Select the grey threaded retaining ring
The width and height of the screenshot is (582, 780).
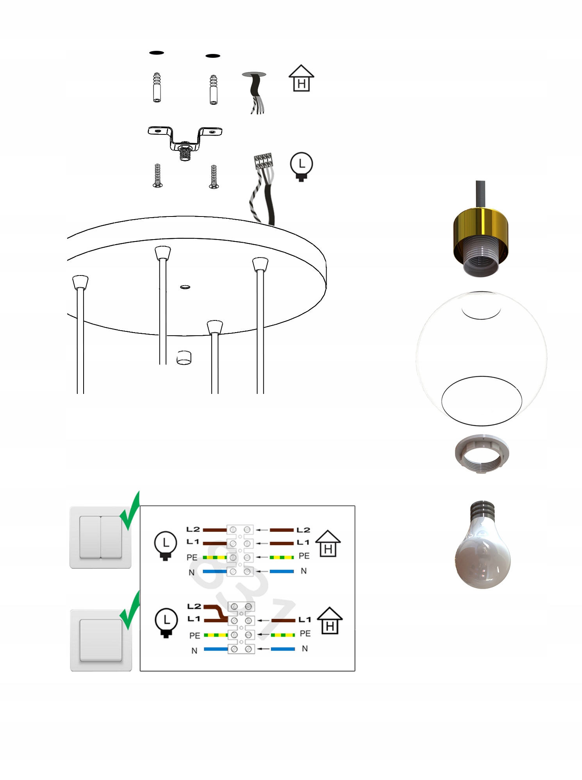pos(482,454)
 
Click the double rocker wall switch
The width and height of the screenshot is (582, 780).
pos(100,537)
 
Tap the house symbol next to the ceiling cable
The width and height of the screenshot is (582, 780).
pos(301,78)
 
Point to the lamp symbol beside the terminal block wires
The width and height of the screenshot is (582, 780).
pos(302,166)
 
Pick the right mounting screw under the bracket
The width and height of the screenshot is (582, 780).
pos(214,177)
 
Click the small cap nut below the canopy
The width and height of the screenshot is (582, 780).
pos(184,357)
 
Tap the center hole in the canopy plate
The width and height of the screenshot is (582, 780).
pos(185,287)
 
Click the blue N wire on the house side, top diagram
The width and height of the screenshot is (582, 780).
pos(282,571)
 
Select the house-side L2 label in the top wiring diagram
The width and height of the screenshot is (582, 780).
pos(303,530)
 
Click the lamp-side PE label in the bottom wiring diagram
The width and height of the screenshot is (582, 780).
pos(195,636)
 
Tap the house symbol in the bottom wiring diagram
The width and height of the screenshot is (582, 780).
pos(330,621)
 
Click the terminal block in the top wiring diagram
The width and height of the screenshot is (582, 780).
pos(240,550)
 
